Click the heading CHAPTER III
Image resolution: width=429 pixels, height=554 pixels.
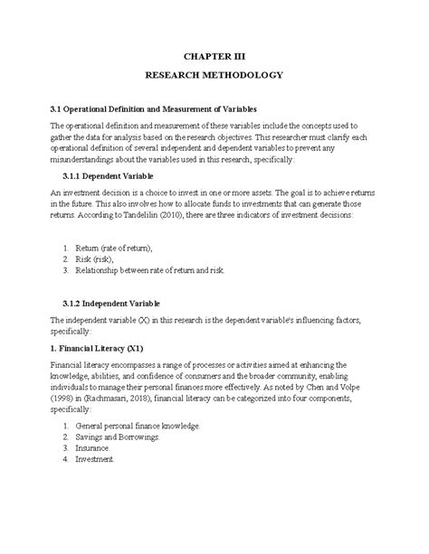[x=214, y=54]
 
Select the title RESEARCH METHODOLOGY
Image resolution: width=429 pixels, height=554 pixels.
[x=214, y=77]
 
